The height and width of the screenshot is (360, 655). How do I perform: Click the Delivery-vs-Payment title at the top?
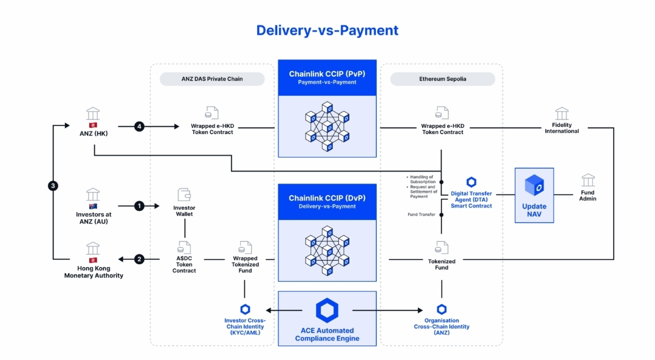[327, 30]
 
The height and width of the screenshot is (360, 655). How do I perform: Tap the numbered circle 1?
[139, 206]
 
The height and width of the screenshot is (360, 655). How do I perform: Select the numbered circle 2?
[139, 259]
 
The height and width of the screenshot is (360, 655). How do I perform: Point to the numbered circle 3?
[53, 186]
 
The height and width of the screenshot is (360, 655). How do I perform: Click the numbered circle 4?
[139, 127]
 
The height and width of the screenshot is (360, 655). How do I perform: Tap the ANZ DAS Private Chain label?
[212, 79]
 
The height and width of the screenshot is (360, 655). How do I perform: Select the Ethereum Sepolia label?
[442, 79]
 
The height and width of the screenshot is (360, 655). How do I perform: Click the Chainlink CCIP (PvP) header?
[327, 78]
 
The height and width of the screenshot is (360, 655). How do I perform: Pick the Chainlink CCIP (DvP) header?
[327, 201]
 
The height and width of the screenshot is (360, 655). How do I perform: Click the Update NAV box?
[534, 196]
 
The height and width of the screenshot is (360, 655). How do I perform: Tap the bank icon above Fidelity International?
[562, 113]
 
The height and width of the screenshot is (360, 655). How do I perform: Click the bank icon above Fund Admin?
[588, 180]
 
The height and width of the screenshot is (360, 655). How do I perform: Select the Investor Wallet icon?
[184, 195]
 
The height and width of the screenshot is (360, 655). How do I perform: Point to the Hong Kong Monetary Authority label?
[93, 272]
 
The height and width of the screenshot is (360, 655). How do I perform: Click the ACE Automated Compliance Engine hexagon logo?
[327, 310]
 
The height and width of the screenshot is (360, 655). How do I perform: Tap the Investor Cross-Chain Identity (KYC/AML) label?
[245, 327]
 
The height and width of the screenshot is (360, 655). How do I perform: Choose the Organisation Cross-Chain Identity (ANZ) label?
[442, 327]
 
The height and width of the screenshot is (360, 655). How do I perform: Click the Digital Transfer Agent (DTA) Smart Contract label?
[471, 199]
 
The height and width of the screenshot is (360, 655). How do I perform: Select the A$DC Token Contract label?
[184, 264]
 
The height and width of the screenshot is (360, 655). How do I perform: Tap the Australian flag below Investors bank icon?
[93, 207]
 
